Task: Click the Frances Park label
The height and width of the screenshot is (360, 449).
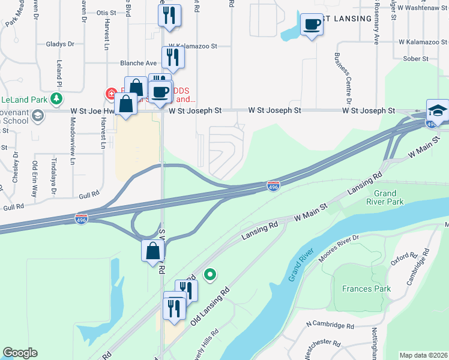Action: pyautogui.click(x=366, y=289)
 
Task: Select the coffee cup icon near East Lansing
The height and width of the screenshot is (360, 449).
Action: pyautogui.click(x=311, y=25)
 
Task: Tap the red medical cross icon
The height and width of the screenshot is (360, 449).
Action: pyautogui.click(x=111, y=94)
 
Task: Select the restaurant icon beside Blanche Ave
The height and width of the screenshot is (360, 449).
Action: pyautogui.click(x=172, y=58)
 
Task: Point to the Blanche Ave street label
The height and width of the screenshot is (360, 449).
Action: pyautogui.click(x=138, y=62)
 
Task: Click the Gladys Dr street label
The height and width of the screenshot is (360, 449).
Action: pyautogui.click(x=60, y=44)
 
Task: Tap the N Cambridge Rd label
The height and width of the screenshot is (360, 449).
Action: pyautogui.click(x=329, y=325)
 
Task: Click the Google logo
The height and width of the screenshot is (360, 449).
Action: pyautogui.click(x=20, y=352)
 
